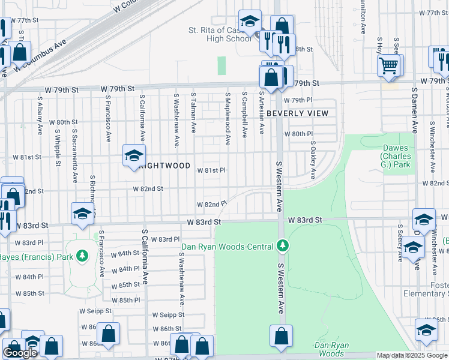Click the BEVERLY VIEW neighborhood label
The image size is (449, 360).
pos(298,113)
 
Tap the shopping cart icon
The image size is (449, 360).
pos(390,64)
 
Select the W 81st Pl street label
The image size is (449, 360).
pos(211,170)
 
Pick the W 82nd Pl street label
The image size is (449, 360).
pos(212,204)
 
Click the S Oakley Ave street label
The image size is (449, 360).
pos(313,160)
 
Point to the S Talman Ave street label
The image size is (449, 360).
pos(193,113)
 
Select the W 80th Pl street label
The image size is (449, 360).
pos(298,134)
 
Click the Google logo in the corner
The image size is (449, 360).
pos(20,353)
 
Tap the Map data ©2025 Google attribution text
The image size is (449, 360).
pos(412,355)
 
